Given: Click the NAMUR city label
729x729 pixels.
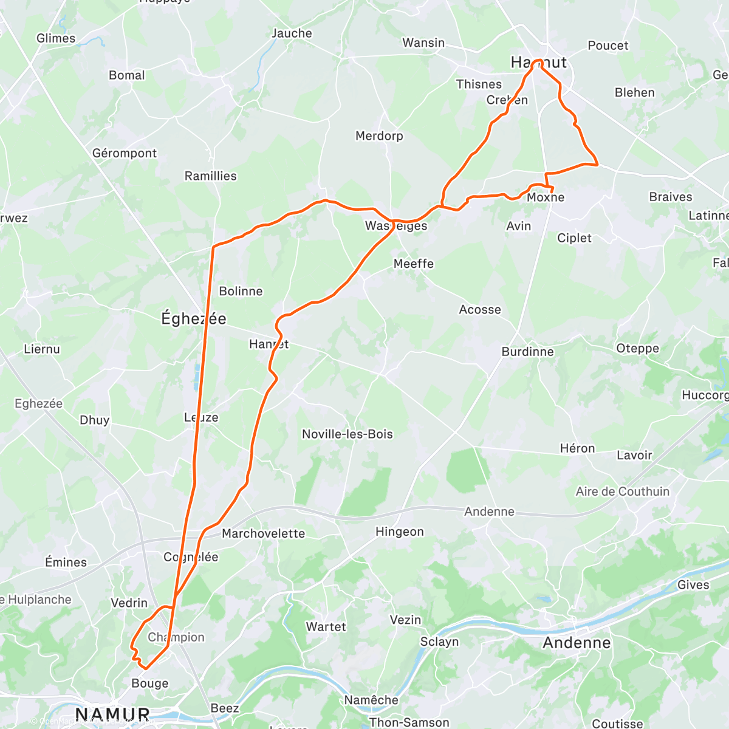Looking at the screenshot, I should point(112,714).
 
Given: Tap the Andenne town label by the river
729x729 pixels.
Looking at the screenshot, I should point(577,643).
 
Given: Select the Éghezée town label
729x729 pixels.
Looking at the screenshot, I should point(193,318).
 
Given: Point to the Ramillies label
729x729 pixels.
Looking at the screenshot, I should point(210,176).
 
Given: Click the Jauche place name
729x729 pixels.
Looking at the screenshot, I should point(292,33).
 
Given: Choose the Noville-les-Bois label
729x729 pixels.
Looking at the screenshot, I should point(347,434).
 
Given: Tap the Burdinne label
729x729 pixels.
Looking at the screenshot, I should point(527,352).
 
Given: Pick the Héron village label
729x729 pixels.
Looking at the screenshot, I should point(577,448).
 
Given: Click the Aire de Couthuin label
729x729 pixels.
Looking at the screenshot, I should point(623,491).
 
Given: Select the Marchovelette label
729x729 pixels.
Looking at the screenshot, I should point(263,533).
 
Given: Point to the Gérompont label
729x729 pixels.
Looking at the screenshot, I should point(125,153).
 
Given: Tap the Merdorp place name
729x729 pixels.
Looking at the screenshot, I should point(379,136).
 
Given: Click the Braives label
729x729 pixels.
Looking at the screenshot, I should point(671,197).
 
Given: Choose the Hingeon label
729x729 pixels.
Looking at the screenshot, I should point(400,532).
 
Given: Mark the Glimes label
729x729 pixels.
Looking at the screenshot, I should point(56,38).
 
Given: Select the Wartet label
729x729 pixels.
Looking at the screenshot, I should point(326,627).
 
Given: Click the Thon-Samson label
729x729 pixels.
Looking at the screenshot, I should point(409,722).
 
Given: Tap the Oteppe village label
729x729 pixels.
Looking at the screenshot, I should point(637,349).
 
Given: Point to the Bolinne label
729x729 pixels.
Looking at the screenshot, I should point(241,292).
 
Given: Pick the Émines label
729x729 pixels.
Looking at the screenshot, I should point(66,563).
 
